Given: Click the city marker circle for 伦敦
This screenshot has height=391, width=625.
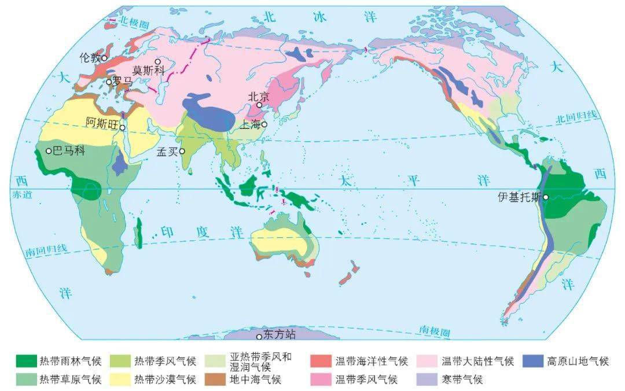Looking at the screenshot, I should (104, 58).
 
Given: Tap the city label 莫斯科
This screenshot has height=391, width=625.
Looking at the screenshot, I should (149, 70).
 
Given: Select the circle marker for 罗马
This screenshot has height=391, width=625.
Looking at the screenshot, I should (108, 82).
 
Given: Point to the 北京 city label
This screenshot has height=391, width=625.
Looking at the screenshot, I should (259, 97).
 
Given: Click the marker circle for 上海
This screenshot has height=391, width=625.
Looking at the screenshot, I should (264, 124).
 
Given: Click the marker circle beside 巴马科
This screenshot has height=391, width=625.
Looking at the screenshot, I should (49, 151).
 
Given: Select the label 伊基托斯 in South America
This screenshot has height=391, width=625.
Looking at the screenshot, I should (520, 197).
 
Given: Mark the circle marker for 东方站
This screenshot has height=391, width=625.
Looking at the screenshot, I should (259, 336).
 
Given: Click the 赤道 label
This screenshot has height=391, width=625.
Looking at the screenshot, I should (19, 195).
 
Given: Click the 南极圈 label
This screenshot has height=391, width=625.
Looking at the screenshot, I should (435, 331).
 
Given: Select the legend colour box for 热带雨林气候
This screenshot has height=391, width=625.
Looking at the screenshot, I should (25, 362).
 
